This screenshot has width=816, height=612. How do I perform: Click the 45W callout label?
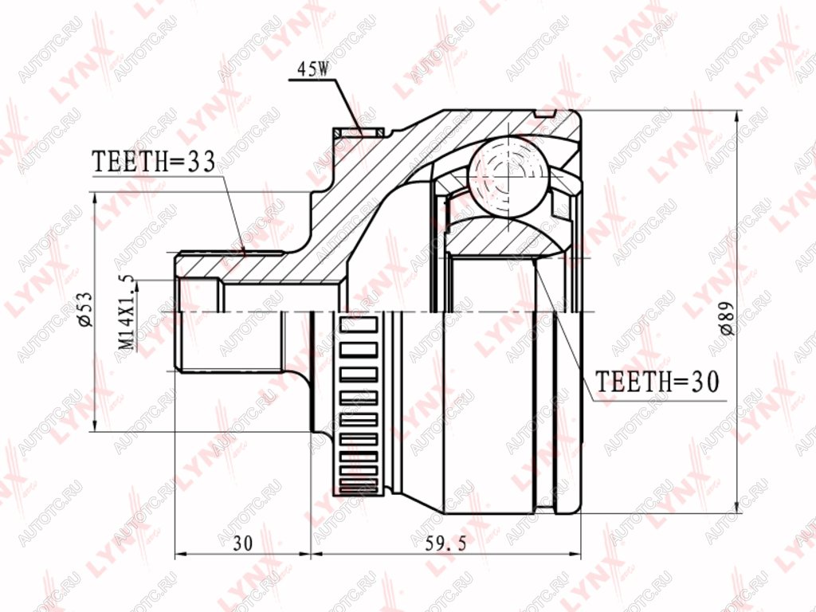pyautogui.click(x=313, y=69)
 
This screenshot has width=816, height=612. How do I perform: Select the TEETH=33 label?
pyautogui.click(x=154, y=162)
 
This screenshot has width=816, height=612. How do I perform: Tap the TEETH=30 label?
pyautogui.click(x=657, y=382)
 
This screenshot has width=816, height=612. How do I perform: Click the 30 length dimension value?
pyautogui.click(x=242, y=543)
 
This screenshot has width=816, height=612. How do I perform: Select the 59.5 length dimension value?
pyautogui.click(x=446, y=543)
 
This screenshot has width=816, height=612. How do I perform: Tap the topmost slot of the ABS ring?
pyautogui.click(x=358, y=325)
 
